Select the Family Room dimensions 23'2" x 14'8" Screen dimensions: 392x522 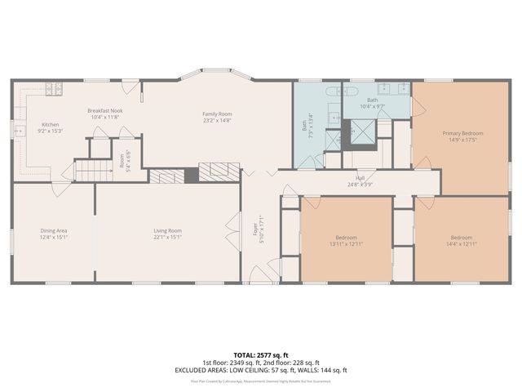pos(218,120)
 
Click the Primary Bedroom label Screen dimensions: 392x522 pos(462,133)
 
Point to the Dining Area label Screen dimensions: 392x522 pos(54,231)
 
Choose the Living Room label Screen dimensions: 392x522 pos(167,231)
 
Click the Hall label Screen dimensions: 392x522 pos(360,177)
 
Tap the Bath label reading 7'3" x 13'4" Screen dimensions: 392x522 pos(306,127)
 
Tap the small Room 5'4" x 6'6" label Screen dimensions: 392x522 pos(123,162)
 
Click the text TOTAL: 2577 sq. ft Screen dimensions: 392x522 pos(261,355)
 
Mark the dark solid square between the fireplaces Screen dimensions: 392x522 pos(191,174)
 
